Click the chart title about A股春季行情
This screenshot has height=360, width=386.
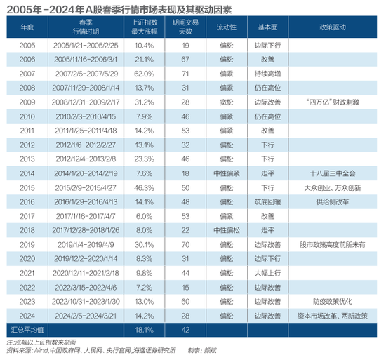coord(119,9)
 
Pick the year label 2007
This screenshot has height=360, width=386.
coord(27,72)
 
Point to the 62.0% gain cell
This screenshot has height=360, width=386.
coord(144,72)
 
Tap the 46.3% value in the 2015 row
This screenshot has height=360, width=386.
coord(144,188)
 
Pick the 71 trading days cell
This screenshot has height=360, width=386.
coord(186,72)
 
